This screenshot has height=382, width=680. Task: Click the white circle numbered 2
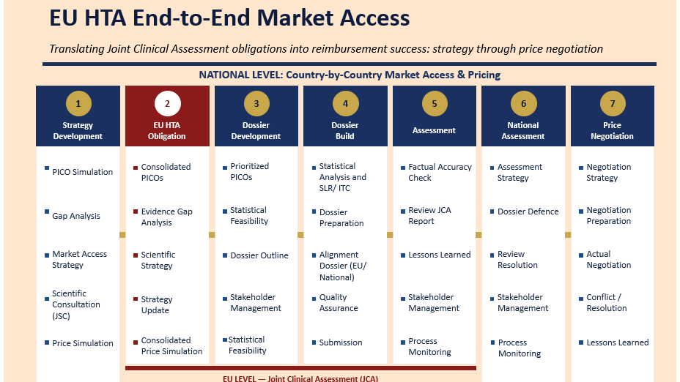point(167,103)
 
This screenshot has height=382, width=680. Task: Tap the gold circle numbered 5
point(435,103)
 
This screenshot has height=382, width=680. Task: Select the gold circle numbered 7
point(613,103)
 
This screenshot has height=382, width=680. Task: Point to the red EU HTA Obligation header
point(167,116)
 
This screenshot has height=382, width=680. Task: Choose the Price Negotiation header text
point(612,130)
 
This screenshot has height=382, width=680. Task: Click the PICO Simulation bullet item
point(82,172)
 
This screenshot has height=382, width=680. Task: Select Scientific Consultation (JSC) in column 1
point(76,304)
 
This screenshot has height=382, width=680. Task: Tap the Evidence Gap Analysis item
point(166,217)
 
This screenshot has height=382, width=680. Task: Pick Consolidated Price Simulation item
point(171,345)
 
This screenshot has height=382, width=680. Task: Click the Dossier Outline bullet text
point(259,255)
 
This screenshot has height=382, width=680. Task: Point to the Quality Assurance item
point(339,302)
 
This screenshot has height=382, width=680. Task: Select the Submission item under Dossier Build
point(341,342)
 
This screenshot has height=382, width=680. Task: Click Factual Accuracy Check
point(440,172)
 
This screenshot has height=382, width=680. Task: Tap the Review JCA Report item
point(430,215)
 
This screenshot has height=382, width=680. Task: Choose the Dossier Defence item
point(528,211)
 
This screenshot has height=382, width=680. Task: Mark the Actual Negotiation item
point(608,260)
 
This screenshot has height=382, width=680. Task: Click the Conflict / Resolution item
point(606,302)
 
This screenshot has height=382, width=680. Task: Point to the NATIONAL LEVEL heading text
point(350,75)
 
